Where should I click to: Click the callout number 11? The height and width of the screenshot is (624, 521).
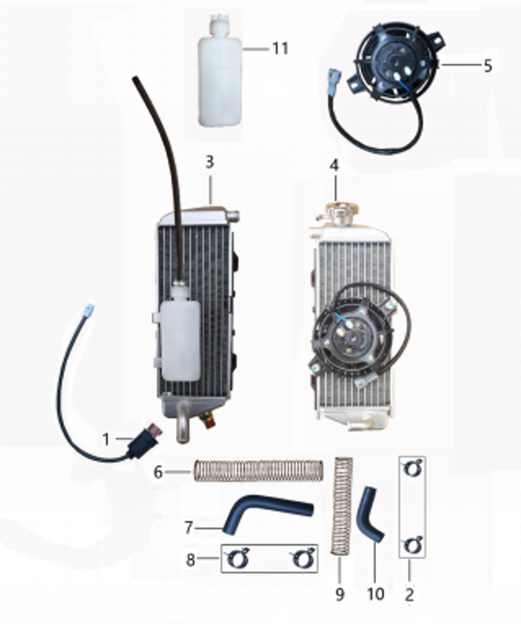[x=280, y=49]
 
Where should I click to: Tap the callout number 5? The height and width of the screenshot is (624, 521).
[x=488, y=66]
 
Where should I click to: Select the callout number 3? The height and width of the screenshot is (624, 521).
[x=210, y=162]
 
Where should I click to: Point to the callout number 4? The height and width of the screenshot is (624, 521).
[x=334, y=165]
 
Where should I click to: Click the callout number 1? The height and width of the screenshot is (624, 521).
[x=106, y=439]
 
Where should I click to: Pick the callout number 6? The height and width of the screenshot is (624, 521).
[x=158, y=472]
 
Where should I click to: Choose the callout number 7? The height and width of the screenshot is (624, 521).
[x=189, y=527]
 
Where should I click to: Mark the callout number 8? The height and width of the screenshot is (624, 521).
[x=191, y=560]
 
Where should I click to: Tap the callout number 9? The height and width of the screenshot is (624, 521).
[x=339, y=594]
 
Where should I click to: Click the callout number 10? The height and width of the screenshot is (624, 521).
[x=375, y=594]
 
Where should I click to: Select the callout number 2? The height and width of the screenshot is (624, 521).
[x=409, y=595]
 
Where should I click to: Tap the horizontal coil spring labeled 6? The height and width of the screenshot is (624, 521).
[x=259, y=470]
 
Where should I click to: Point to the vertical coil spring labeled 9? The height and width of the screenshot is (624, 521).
[x=342, y=505]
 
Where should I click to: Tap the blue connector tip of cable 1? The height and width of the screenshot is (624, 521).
[x=89, y=309]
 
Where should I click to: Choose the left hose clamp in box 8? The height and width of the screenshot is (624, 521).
[x=237, y=558]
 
